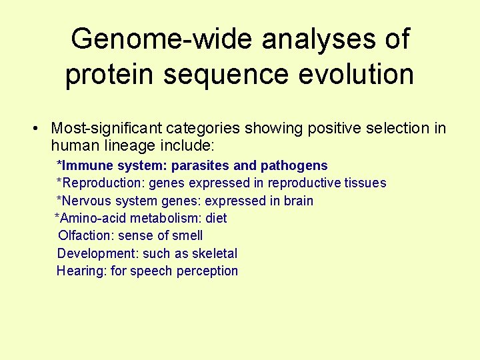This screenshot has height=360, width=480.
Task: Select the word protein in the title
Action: pos(111,74)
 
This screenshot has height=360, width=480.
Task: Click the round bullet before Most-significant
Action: pos(40,129)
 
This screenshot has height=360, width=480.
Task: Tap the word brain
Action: pos(297,201)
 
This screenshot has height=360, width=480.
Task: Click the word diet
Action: pos(216,218)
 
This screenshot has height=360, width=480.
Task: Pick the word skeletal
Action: pos(214,253)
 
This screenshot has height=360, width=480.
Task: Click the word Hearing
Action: pos(79,271)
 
